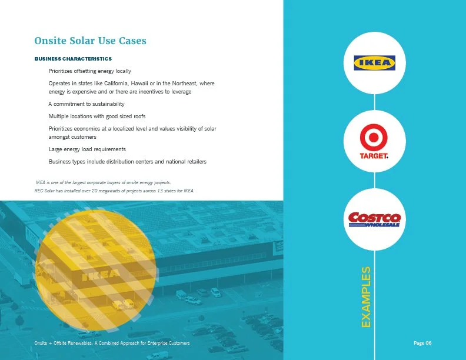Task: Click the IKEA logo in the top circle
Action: coord(374,63)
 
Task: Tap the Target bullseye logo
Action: coord(374,140)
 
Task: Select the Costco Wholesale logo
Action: coord(374,219)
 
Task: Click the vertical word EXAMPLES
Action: coord(366,297)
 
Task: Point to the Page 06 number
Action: coord(423,342)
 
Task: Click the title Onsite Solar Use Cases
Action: coord(91,41)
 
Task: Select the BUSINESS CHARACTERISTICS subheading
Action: coord(73,59)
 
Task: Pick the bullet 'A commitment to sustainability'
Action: coord(86,104)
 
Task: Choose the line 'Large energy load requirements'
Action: coord(87,149)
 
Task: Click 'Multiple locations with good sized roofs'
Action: coord(97,116)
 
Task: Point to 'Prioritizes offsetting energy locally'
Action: coord(89,71)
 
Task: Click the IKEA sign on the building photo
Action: coord(101,274)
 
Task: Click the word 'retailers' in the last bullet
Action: coord(194,162)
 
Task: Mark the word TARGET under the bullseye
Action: coord(374,156)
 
